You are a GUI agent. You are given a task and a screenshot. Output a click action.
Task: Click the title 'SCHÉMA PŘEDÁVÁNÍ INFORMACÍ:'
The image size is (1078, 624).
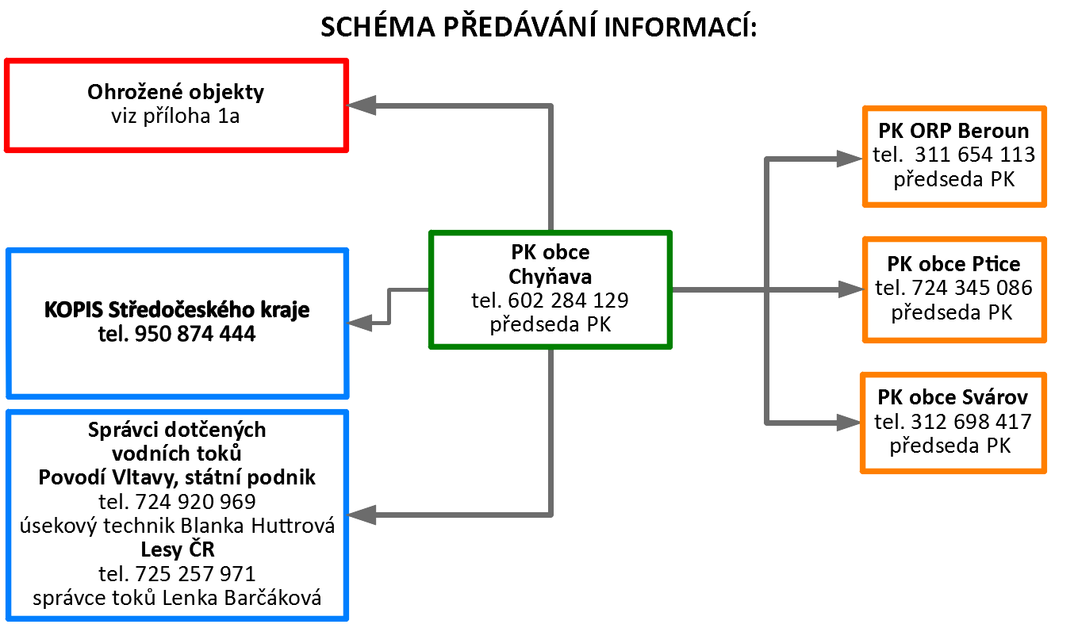click(539, 26)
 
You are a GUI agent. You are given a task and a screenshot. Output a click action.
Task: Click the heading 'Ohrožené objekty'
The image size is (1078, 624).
click(175, 92)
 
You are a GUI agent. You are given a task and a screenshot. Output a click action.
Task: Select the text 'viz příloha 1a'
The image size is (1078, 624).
click(175, 117)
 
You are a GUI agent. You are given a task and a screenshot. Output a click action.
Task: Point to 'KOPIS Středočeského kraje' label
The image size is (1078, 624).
click(177, 310)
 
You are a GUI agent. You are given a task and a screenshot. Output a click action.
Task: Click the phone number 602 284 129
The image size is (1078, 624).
click(568, 301)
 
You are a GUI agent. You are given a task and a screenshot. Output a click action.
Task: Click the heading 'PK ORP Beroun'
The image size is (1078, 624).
click(953, 131)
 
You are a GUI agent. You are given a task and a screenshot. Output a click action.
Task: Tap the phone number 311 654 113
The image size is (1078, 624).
click(975, 155)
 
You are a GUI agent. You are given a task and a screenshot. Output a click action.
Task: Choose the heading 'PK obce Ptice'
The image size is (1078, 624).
click(953, 264)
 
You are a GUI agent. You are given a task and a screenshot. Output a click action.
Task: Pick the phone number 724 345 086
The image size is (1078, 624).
click(972, 288)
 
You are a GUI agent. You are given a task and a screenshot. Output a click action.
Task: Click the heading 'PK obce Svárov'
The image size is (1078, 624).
click(953, 397)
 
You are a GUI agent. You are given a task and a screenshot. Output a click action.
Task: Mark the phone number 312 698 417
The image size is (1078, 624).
click(971, 422)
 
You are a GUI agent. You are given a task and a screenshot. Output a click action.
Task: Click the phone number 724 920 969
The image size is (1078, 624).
click(195, 502)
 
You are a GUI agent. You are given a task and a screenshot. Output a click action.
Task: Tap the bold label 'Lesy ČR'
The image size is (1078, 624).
click(178, 549)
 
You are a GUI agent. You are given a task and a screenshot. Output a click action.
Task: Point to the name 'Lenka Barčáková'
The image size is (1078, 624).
click(242, 598)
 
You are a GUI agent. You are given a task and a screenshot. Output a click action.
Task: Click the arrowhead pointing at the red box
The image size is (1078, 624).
click(361, 105)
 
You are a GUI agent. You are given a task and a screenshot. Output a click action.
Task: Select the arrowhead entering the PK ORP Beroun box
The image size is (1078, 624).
click(850, 159)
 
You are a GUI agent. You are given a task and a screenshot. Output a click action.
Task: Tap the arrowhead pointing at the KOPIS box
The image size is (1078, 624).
click(359, 323)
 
